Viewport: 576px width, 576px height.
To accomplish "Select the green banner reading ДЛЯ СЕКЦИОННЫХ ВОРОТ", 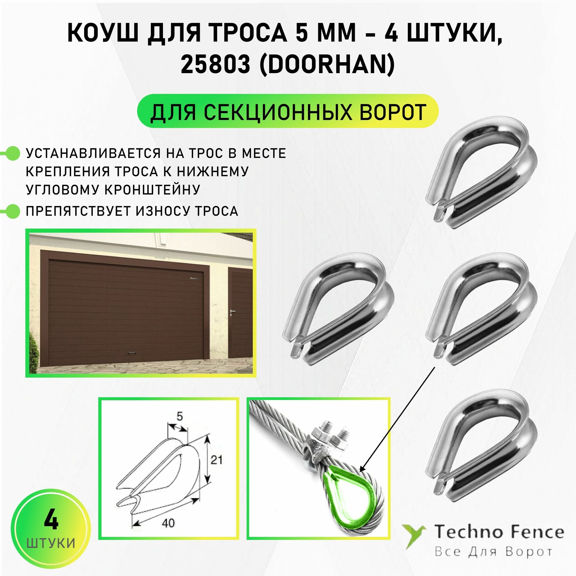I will click(x=288, y=111).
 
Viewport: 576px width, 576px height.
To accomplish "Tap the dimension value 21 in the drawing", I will click(x=217, y=468).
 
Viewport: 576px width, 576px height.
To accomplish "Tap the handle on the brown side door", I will click(x=232, y=312).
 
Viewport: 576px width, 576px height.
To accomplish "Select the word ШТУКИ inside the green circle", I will click(x=51, y=543).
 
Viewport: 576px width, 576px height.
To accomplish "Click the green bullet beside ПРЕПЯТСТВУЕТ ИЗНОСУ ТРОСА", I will click(x=12, y=211).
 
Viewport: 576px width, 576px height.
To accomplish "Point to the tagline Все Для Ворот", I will click(x=493, y=552).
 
